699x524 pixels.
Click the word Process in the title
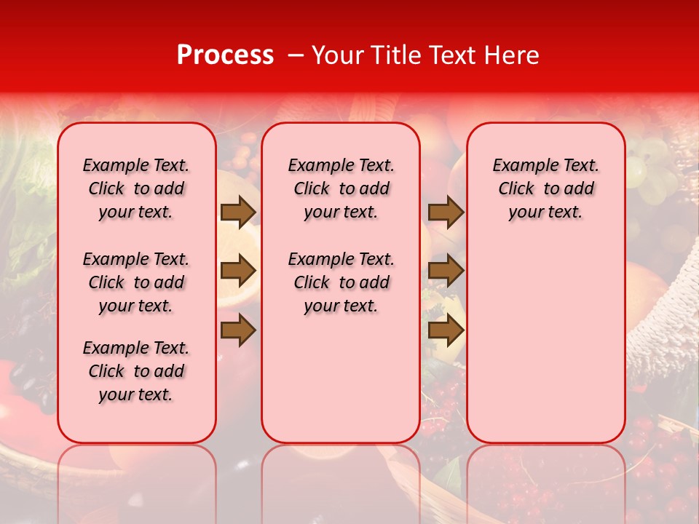pos(225,55)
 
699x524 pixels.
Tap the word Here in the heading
pos(512,55)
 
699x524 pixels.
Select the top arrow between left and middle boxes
pos(238,212)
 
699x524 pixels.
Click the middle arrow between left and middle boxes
pos(238,271)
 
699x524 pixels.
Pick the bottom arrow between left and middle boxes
pos(238,330)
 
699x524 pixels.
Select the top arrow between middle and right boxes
pos(446,212)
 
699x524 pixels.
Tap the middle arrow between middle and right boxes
pos(446,271)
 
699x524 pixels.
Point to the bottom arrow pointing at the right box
pos(446,330)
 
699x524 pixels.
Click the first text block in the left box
pos(136,188)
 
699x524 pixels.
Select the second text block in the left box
pos(136,282)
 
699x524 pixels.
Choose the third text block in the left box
pos(136,371)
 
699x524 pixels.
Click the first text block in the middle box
pos(341,188)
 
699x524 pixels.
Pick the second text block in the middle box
pos(341,282)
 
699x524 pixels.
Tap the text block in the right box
pos(546,188)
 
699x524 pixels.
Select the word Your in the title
pos(336,55)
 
